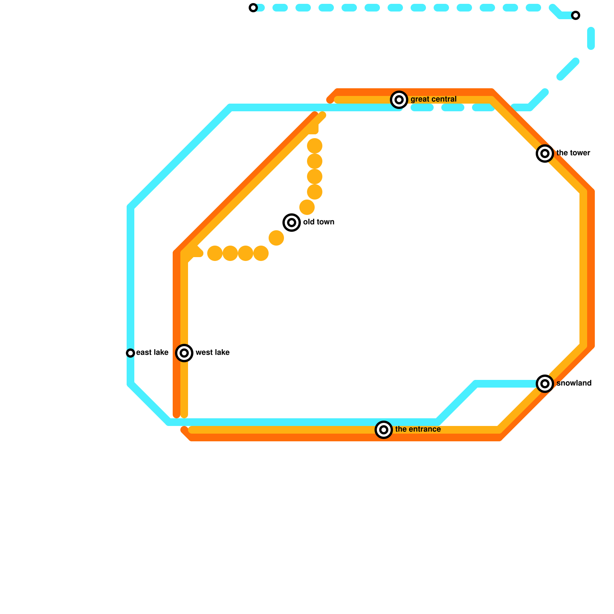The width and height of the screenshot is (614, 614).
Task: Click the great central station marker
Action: point(399,100)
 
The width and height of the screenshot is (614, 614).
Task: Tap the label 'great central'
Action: point(433,99)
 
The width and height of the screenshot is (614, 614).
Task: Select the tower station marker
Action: point(545,153)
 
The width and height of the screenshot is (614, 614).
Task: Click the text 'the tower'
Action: point(573,153)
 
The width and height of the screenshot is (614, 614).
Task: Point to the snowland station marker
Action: point(545,384)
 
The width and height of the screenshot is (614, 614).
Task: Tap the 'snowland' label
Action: point(574,383)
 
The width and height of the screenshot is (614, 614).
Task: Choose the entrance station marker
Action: point(384,430)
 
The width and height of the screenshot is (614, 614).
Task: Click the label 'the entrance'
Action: point(418,429)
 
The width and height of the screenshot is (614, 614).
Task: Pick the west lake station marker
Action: point(184,353)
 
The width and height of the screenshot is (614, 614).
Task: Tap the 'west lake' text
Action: point(212,353)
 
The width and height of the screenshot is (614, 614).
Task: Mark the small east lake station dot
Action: point(130,353)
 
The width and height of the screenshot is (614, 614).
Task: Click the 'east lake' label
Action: point(152,353)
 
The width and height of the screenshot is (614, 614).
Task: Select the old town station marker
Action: point(292,223)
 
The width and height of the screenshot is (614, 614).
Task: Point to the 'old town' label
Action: point(319,222)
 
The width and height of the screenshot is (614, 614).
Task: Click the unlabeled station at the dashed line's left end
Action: point(253,8)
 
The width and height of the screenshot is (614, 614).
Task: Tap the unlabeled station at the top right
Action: point(576,15)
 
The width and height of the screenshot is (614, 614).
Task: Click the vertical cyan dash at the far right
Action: point(591,38)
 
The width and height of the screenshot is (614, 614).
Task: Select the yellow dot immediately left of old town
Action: point(276,238)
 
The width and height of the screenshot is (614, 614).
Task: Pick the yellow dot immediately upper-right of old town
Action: point(307,207)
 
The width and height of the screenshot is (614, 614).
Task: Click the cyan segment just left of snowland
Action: point(507,384)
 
